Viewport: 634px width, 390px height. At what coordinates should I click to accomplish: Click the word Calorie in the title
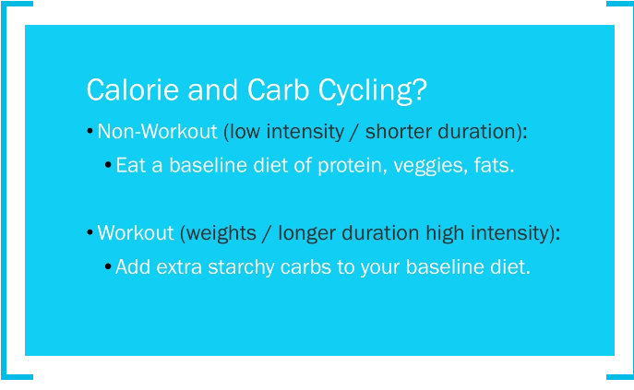tap(132, 89)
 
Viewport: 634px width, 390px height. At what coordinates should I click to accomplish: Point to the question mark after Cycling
tap(421, 89)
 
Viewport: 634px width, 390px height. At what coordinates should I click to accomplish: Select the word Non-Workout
tap(157, 131)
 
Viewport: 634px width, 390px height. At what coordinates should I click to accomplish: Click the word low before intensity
tap(245, 131)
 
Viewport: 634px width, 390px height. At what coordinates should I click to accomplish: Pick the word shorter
tap(399, 131)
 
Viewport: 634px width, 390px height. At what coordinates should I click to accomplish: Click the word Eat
tap(131, 165)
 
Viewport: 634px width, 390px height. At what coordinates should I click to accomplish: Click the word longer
tap(307, 233)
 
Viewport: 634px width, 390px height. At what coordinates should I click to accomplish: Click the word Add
tap(133, 266)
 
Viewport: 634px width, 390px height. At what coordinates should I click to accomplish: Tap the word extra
tap(179, 267)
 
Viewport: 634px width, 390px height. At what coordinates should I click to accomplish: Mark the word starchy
tap(241, 268)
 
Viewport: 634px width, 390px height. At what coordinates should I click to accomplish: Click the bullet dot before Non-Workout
tap(90, 131)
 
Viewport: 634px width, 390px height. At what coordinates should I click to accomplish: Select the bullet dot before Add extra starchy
tap(108, 266)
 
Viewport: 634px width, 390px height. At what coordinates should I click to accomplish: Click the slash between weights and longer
tap(267, 233)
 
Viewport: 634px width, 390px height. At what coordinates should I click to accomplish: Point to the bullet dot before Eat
tap(108, 165)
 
